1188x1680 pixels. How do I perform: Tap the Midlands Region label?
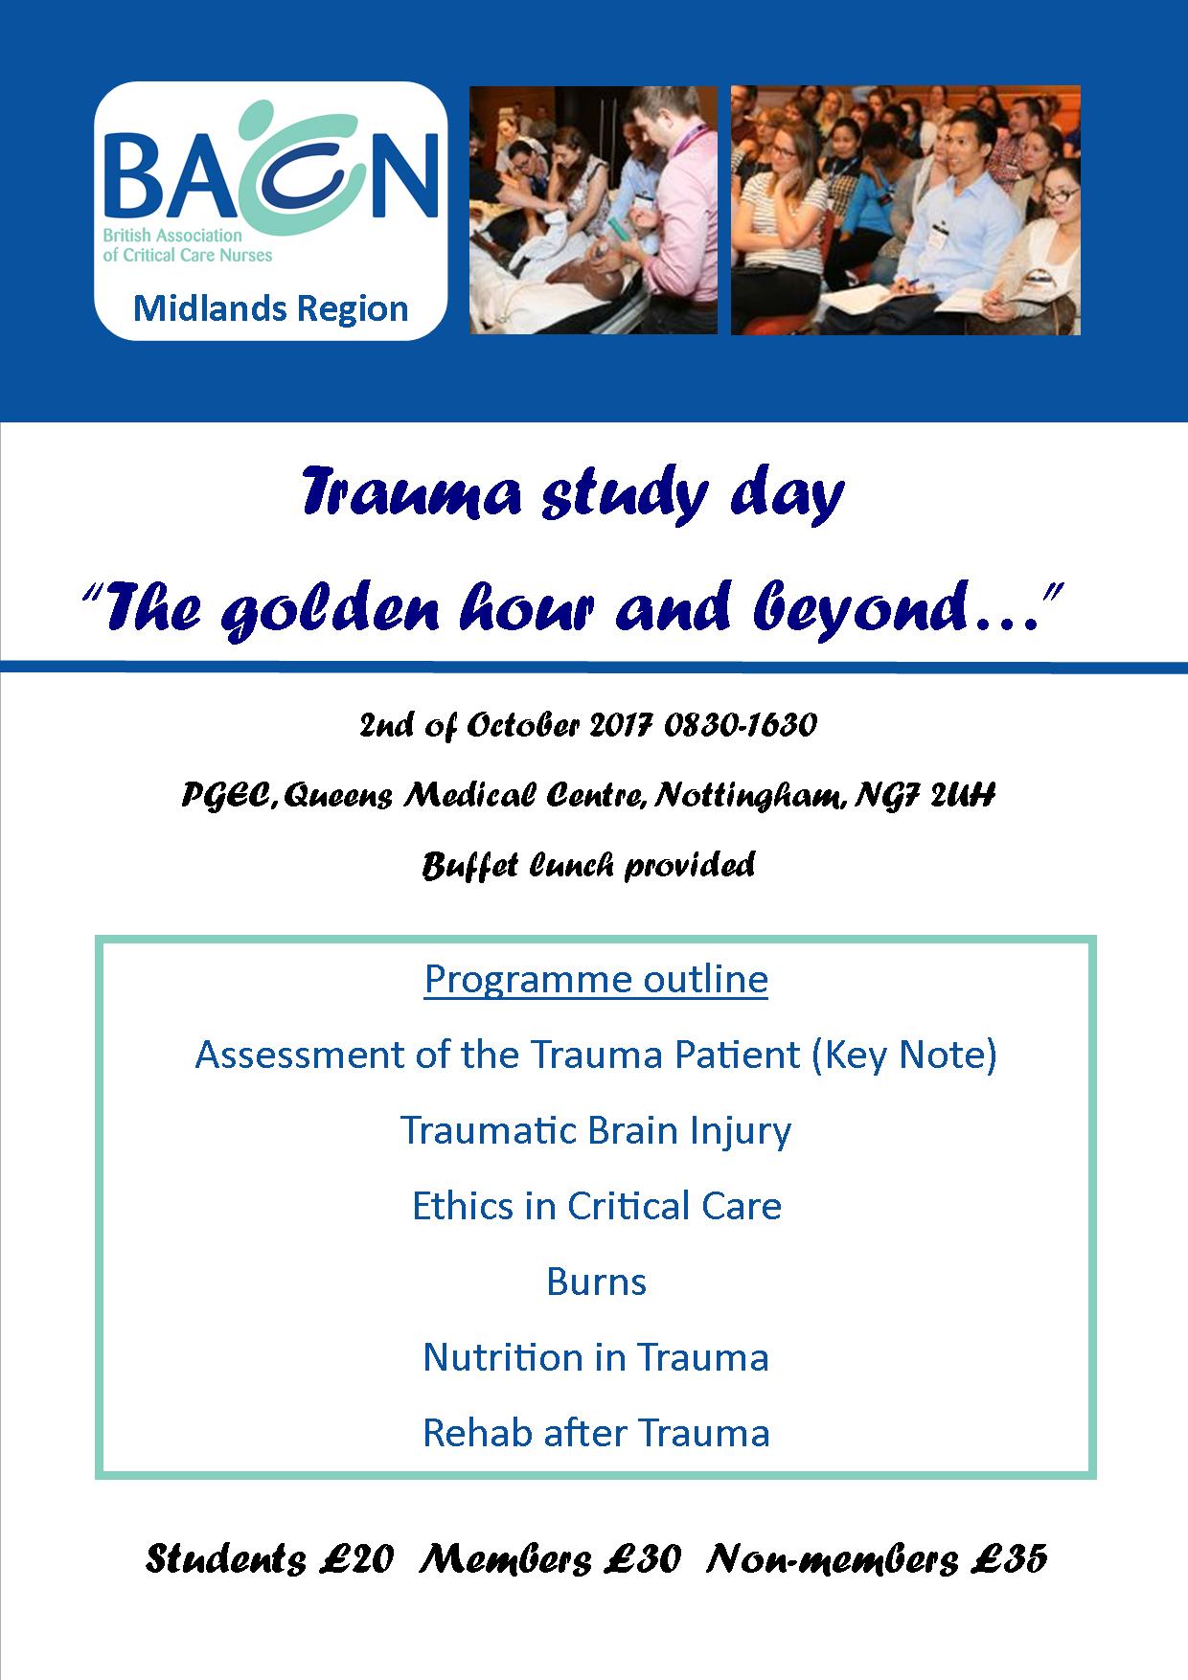[271, 308]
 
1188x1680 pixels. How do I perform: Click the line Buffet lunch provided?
[589, 866]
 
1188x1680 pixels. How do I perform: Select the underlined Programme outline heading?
[596, 979]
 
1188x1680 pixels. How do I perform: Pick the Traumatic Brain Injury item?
[596, 1130]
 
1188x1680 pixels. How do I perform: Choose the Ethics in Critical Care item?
[597, 1206]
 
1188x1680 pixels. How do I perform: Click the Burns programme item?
[597, 1282]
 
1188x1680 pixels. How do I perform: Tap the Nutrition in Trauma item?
[596, 1357]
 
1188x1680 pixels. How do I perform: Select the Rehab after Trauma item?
[596, 1433]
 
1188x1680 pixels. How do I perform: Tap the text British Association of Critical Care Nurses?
[188, 246]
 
